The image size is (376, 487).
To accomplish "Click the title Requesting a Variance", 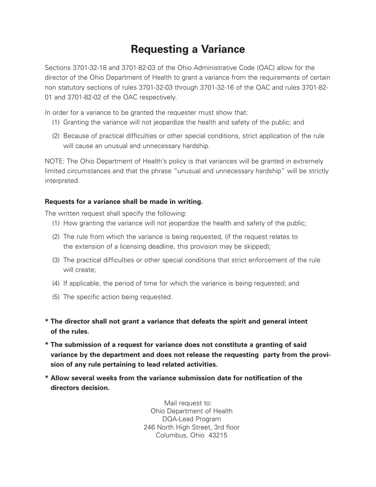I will click(188, 49).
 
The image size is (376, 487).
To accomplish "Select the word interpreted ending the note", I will click(62, 181).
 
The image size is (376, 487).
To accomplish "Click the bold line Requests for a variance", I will click(123, 202).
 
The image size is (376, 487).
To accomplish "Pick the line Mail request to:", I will click(188, 403).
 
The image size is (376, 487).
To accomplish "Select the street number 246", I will click(149, 427).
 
